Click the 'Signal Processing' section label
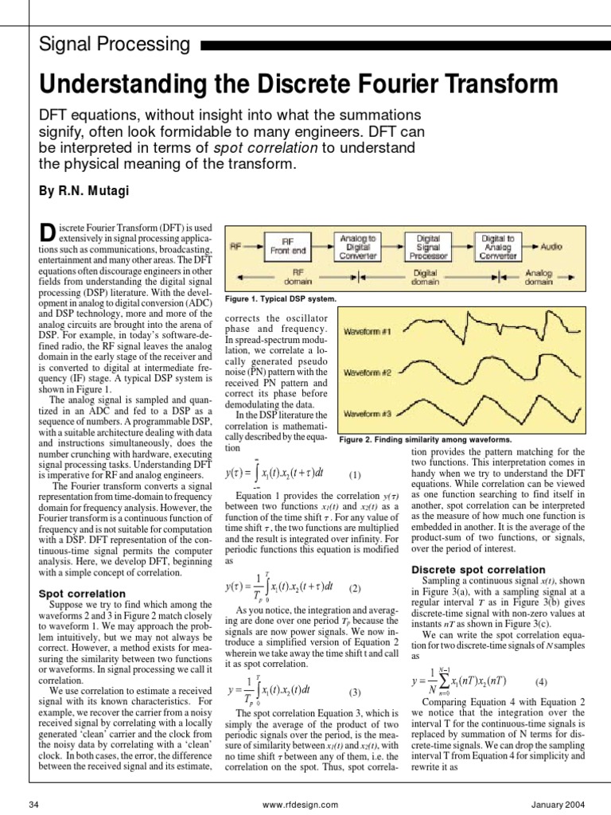click(x=115, y=45)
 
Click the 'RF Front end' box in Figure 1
click(x=288, y=247)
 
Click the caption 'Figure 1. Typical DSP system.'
click(x=281, y=299)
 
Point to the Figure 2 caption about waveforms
click(x=426, y=439)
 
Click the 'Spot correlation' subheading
click(x=82, y=594)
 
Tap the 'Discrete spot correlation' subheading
click(x=478, y=570)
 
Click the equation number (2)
click(x=355, y=588)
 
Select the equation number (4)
click(x=541, y=681)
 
